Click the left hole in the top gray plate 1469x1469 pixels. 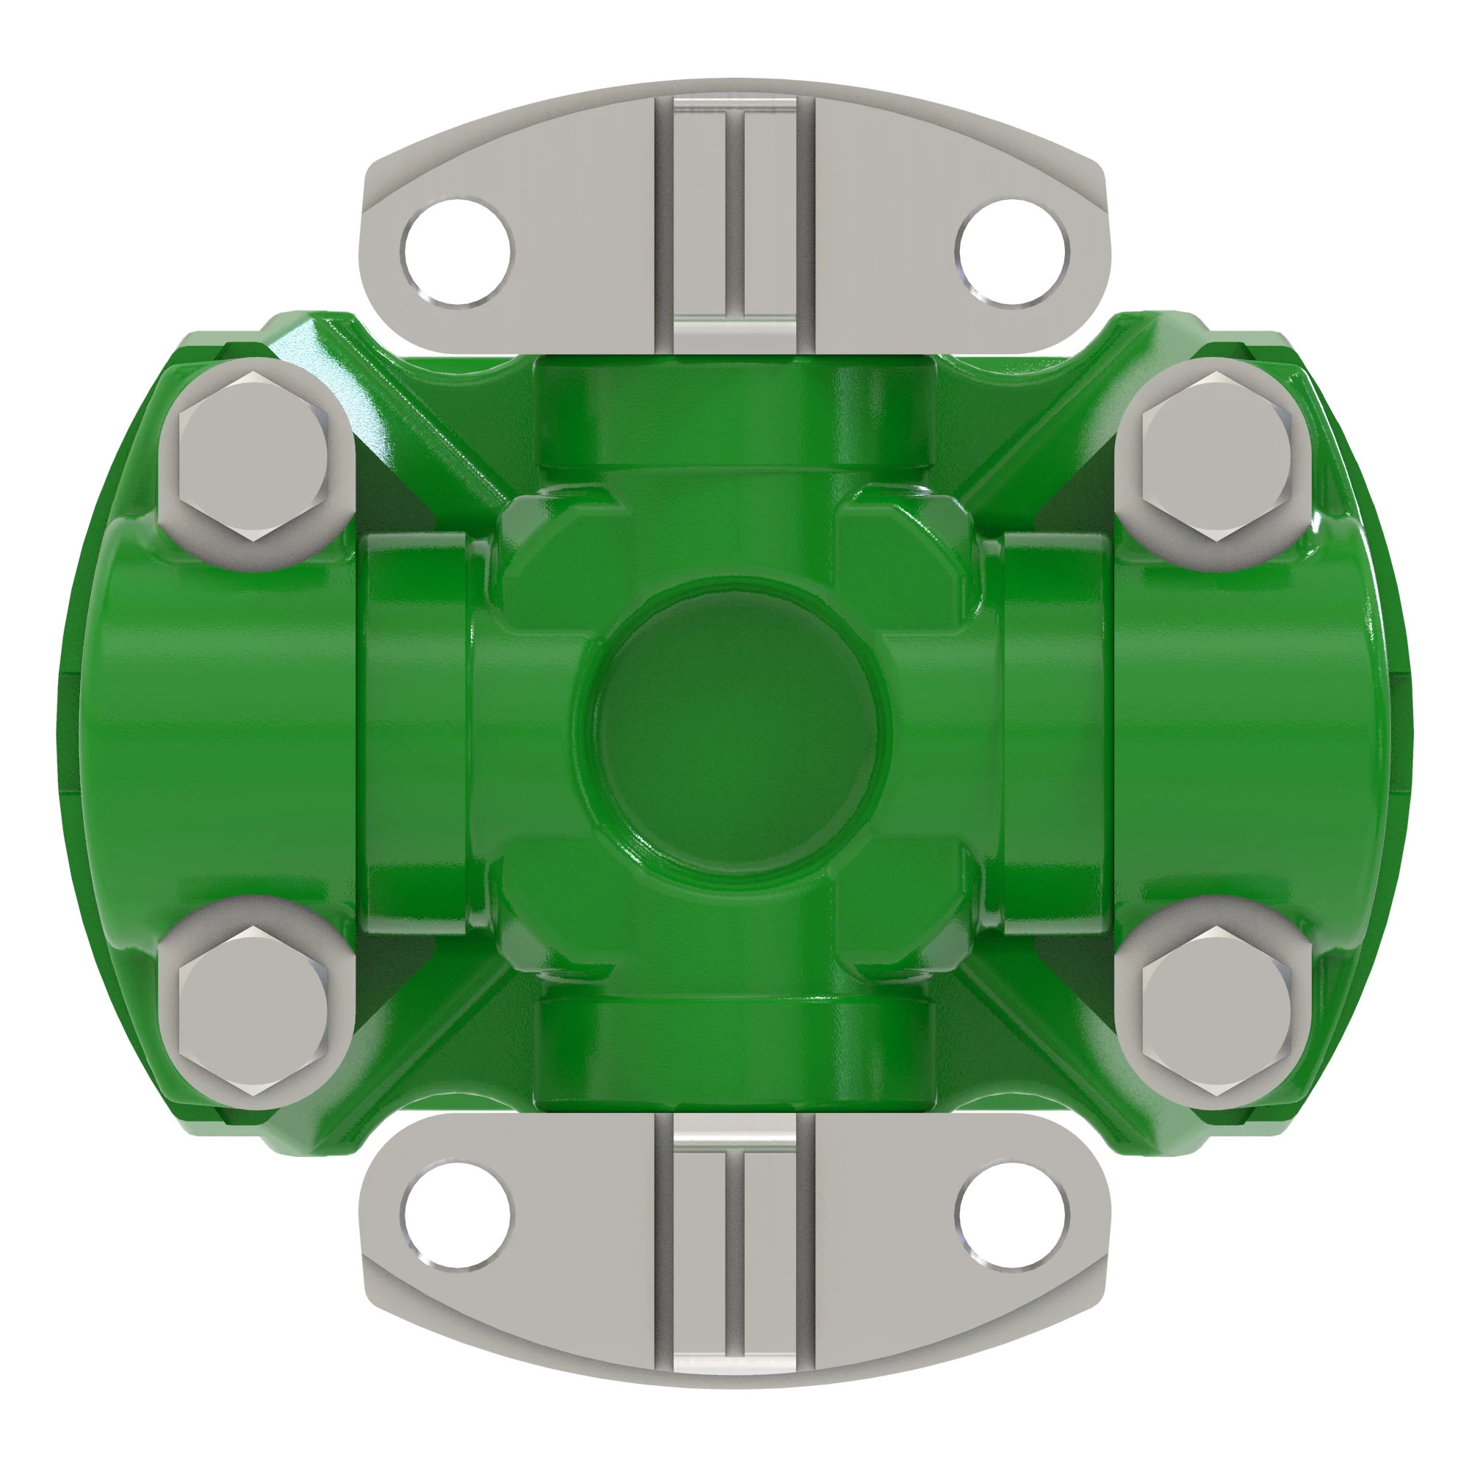pyautogui.click(x=458, y=252)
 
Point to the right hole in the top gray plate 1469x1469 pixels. pyautogui.click(x=1011, y=252)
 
